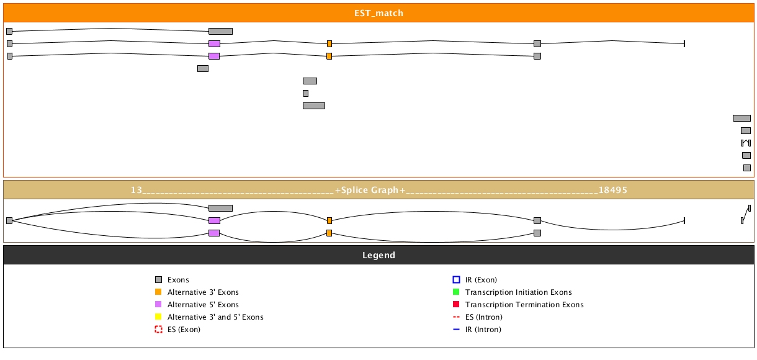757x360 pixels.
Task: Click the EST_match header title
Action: click(378, 13)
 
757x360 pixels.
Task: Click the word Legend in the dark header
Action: click(378, 255)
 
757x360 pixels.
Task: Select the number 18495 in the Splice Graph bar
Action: click(613, 190)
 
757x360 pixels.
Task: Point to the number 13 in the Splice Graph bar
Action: click(137, 190)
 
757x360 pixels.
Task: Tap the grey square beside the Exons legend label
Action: click(158, 280)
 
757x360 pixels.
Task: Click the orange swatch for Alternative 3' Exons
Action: click(158, 292)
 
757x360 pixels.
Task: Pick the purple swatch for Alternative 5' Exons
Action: click(158, 305)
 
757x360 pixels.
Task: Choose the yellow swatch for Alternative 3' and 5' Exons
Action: click(158, 317)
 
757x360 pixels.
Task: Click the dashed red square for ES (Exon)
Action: click(158, 330)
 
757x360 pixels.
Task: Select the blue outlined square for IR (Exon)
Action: click(456, 280)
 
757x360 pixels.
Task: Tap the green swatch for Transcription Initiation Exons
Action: click(456, 292)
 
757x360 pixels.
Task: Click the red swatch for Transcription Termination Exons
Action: click(456, 305)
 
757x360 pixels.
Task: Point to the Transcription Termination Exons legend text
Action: click(524, 305)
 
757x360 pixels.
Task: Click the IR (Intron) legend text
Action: click(483, 330)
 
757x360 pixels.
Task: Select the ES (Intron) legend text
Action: click(483, 317)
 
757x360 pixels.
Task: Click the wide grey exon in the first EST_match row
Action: click(220, 31)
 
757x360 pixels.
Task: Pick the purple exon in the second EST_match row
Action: click(214, 43)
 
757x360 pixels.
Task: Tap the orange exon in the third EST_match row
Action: click(329, 56)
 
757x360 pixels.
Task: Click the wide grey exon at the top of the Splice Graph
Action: click(220, 208)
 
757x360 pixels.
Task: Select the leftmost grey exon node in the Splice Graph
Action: click(9, 220)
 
